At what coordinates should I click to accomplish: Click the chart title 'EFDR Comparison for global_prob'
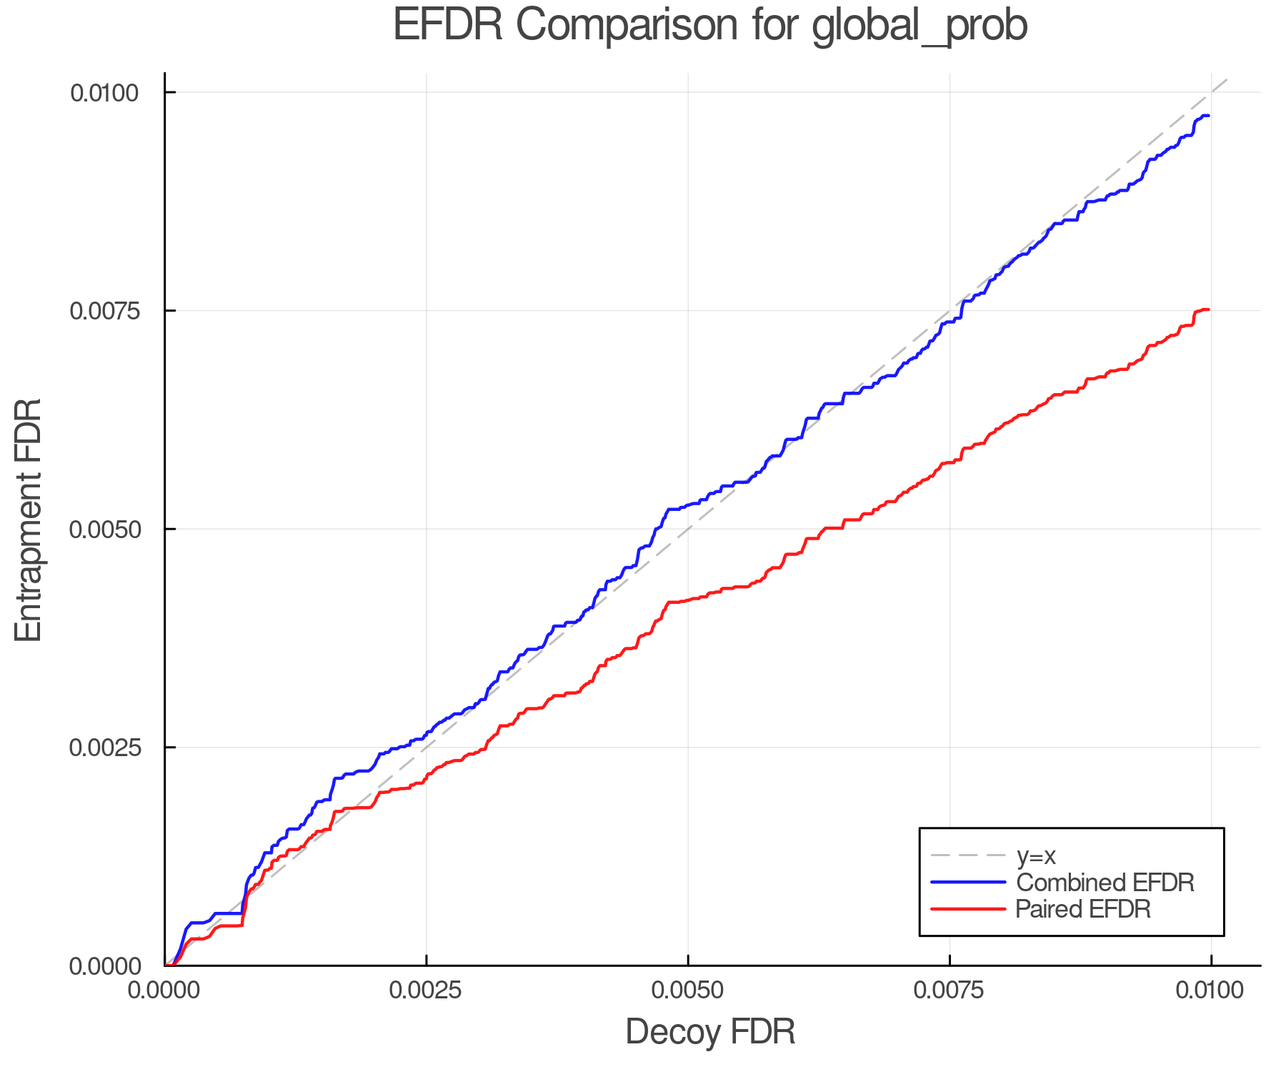(710, 26)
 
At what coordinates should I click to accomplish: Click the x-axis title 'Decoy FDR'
(710, 1032)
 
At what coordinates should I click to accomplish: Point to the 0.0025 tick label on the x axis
(426, 990)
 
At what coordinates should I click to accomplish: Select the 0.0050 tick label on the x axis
(687, 990)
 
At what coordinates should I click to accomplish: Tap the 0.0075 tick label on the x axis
(949, 990)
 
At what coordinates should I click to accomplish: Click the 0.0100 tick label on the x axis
(1210, 990)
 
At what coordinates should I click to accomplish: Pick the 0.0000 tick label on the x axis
(164, 990)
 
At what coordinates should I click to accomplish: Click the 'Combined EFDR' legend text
(1105, 883)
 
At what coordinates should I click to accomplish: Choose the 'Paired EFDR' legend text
(1083, 909)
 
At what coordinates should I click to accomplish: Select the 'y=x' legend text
(1036, 855)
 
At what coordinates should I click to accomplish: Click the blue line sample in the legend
(968, 883)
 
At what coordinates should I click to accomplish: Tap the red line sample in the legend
(968, 909)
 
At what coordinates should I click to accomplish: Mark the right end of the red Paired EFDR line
(1209, 309)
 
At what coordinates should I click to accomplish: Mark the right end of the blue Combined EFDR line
(1209, 116)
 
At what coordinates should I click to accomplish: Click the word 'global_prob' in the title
(919, 26)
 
